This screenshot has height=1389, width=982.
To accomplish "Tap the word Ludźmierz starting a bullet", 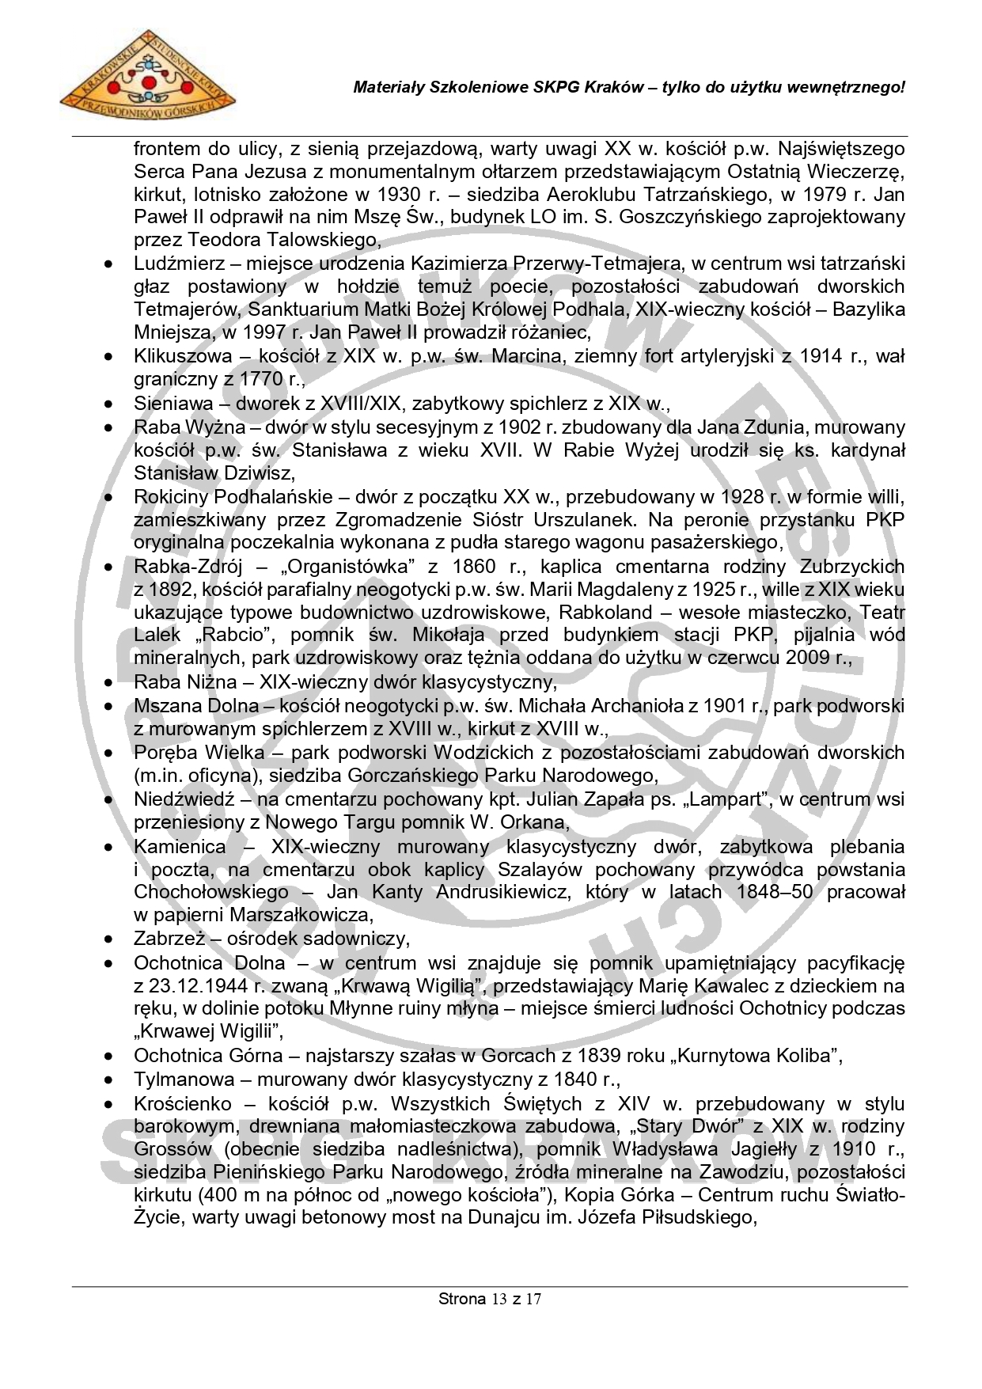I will coord(180,263).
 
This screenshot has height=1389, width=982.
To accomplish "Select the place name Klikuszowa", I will coord(183,356).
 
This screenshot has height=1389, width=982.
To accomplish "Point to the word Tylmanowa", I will coord(184,1080).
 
